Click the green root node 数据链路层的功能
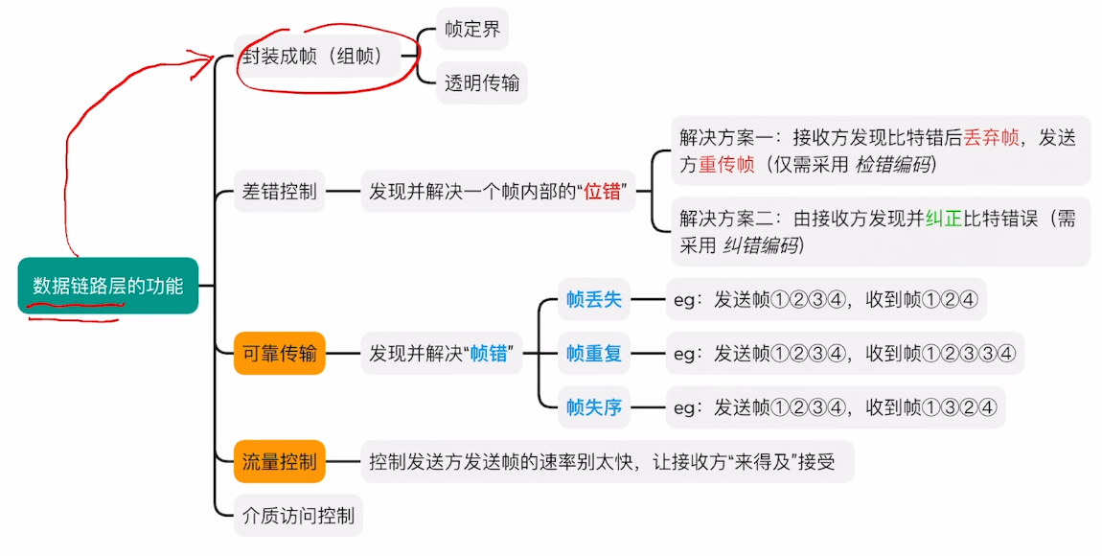pyautogui.click(x=107, y=285)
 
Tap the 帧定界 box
pyautogui.click(x=472, y=29)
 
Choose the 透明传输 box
pyautogui.click(x=481, y=83)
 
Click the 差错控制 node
pyautogui.click(x=279, y=191)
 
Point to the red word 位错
pyautogui.click(x=605, y=192)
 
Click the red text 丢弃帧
pyautogui.click(x=992, y=138)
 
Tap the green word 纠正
pyautogui.click(x=944, y=219)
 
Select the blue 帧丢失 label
pyautogui.click(x=594, y=300)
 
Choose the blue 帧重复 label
pyautogui.click(x=594, y=354)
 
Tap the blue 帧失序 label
pyautogui.click(x=594, y=408)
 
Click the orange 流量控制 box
pyautogui.click(x=279, y=462)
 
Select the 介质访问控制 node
pyautogui.click(x=298, y=516)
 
